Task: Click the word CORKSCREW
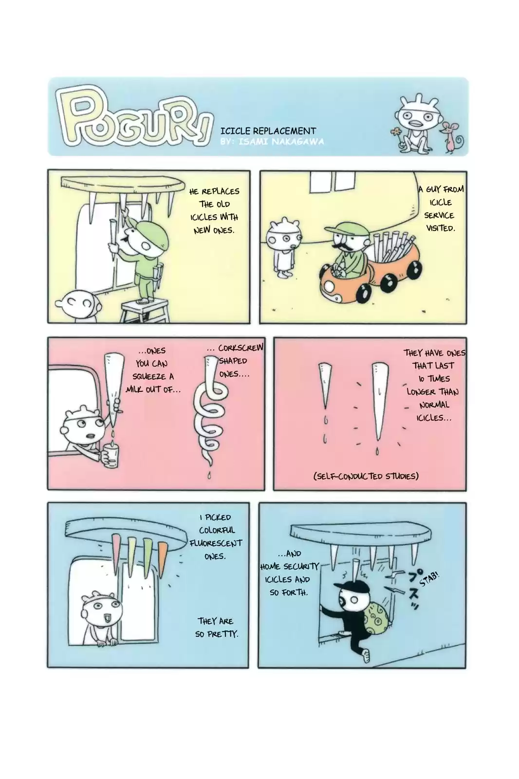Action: (241, 348)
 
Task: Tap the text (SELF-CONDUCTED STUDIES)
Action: (366, 476)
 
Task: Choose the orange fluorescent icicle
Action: (163, 559)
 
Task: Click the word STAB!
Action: (429, 578)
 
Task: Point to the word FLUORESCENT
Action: (216, 543)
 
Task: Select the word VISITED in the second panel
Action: (441, 228)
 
